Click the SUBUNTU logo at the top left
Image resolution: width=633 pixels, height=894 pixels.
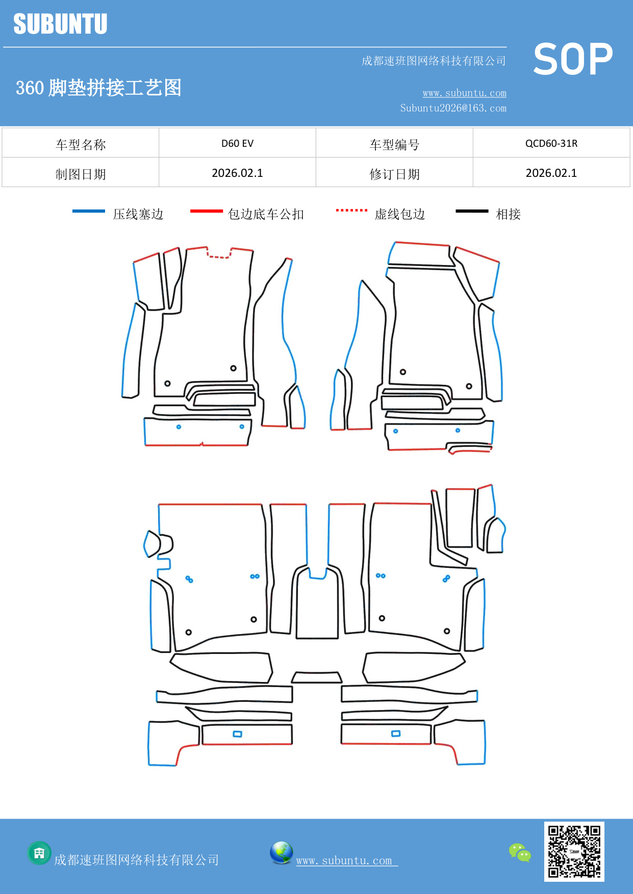coord(60,24)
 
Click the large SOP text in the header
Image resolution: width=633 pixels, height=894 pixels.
coord(573,60)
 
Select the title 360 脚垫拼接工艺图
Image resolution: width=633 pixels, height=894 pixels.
coord(98,88)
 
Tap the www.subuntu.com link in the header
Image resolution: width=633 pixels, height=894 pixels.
coord(464,93)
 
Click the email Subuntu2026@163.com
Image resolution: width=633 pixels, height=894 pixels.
coord(453,108)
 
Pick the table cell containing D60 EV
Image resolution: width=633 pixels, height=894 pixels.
coord(237,143)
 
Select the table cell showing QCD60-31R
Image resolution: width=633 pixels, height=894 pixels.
coord(551,143)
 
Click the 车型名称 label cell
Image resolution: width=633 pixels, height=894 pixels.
coord(81,144)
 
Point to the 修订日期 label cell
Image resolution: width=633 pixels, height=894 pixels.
coord(394,174)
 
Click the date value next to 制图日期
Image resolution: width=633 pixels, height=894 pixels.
coord(237,173)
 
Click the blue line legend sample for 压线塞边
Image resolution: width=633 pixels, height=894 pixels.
coord(89,211)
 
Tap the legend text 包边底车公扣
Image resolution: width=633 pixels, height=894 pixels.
coord(266,214)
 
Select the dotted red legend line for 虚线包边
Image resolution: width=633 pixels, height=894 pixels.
coord(351,210)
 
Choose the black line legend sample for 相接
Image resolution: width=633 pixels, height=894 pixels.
coord(472,211)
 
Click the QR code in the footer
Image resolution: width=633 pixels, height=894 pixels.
coord(574,851)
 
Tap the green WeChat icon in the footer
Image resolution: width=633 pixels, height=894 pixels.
coord(520,853)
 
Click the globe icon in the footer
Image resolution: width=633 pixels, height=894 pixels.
coord(281,853)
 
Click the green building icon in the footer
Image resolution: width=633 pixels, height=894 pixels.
coord(39,853)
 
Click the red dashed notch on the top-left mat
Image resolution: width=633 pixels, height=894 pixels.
coord(219,255)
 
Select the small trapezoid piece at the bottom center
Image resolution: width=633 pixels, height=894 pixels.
coord(317,677)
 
